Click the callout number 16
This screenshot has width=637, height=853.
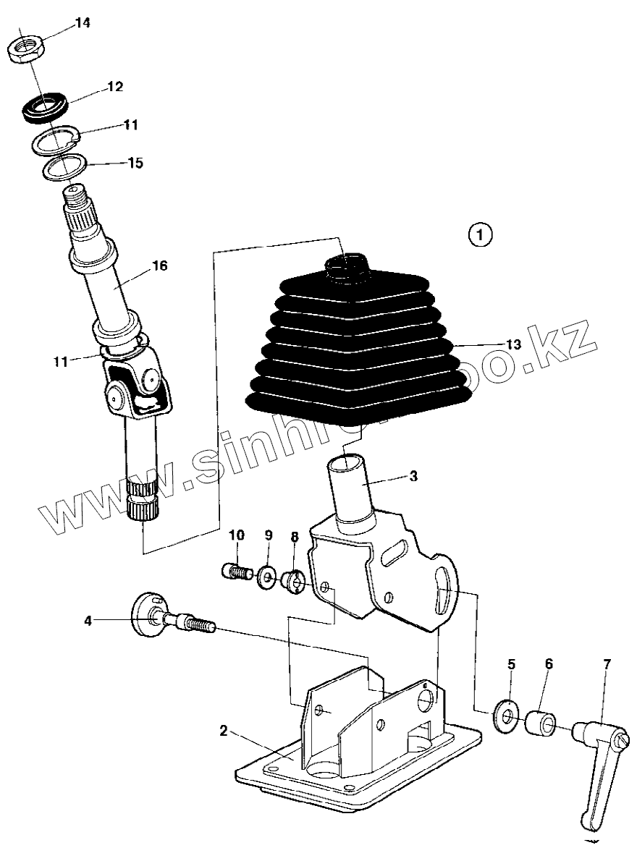point(159,266)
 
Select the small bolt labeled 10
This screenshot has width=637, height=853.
point(234,572)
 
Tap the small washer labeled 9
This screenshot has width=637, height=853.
point(266,576)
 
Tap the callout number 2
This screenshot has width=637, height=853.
point(224,731)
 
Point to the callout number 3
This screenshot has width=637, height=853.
point(413,475)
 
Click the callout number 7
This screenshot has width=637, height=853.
point(606,663)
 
